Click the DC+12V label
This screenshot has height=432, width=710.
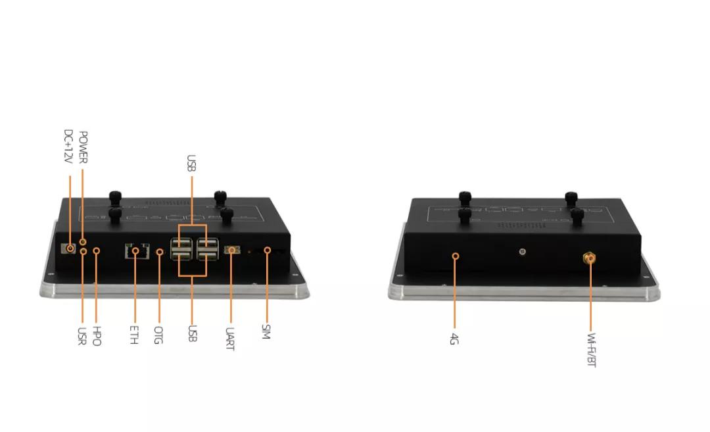pyautogui.click(x=68, y=146)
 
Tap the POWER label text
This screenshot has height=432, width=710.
pyautogui.click(x=83, y=147)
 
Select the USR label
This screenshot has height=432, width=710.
pyautogui.click(x=82, y=336)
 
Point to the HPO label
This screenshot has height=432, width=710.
pyautogui.click(x=97, y=336)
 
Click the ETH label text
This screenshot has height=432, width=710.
pyautogui.click(x=134, y=335)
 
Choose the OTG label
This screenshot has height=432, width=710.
pyautogui.click(x=158, y=335)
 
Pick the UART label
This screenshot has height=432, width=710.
pyautogui.click(x=230, y=339)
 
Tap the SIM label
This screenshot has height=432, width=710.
pyautogui.click(x=266, y=332)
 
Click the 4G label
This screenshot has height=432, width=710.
pyautogui.click(x=454, y=339)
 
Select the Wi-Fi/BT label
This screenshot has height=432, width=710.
pyautogui.click(x=592, y=350)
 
